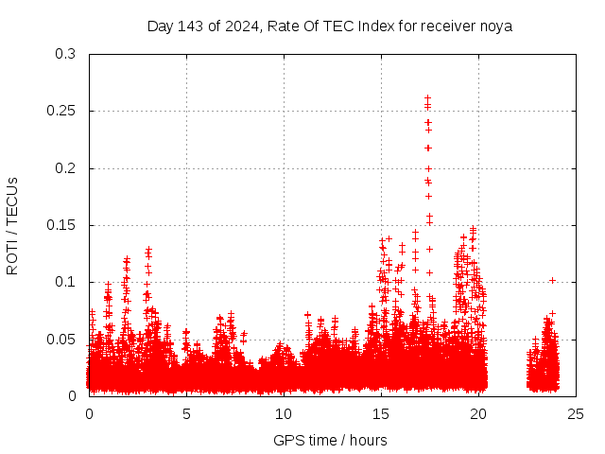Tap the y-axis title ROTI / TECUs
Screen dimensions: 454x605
pyautogui.click(x=12, y=225)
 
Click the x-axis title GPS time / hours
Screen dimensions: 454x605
pyautogui.click(x=330, y=440)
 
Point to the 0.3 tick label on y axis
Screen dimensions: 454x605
pyautogui.click(x=65, y=54)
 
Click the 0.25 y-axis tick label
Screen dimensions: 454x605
pyautogui.click(x=61, y=111)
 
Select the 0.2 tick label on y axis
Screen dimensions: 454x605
pyautogui.click(x=65, y=168)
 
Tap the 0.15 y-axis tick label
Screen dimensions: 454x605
pyautogui.click(x=61, y=225)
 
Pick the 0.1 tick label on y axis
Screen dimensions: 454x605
pyautogui.click(x=65, y=282)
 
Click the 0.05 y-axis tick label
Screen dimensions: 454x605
pyautogui.click(x=61, y=339)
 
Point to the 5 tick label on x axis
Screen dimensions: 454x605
pyautogui.click(x=187, y=413)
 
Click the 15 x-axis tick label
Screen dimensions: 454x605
pyautogui.click(x=382, y=413)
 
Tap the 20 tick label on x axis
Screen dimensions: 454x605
pyautogui.click(x=479, y=413)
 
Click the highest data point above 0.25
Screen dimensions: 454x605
pyautogui.click(x=427, y=97)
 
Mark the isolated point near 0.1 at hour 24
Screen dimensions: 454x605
pyautogui.click(x=552, y=280)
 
